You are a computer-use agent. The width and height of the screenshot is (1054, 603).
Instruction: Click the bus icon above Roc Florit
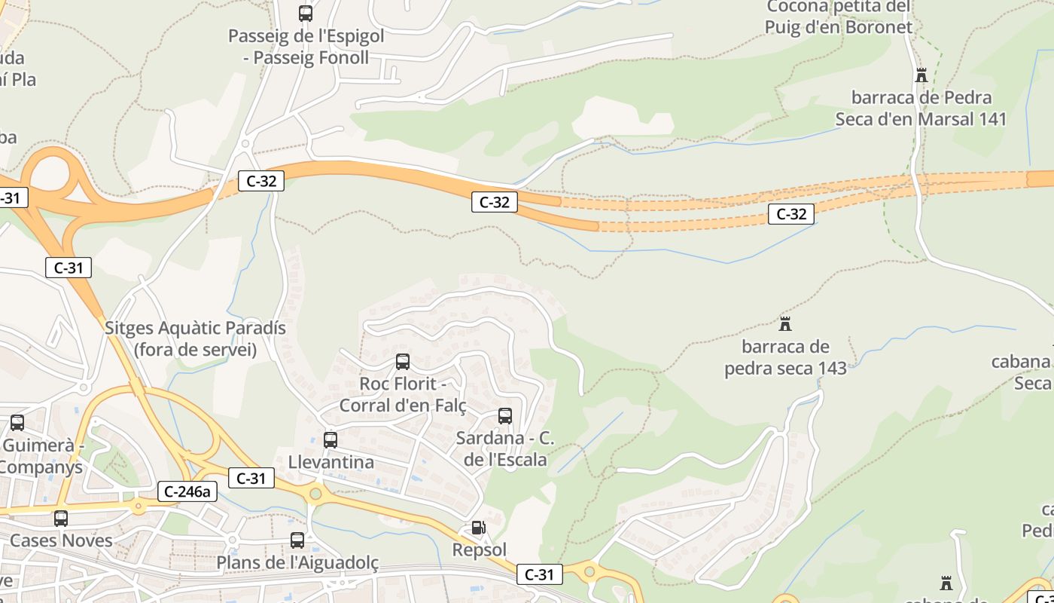click(x=403, y=362)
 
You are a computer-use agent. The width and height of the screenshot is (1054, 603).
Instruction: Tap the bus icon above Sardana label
click(x=505, y=416)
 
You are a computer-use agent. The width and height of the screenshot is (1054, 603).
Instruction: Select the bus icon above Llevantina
click(x=331, y=440)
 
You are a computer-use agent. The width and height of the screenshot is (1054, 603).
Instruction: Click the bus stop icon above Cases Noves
click(x=61, y=519)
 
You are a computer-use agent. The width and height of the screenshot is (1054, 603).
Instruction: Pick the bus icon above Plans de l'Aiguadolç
click(x=297, y=540)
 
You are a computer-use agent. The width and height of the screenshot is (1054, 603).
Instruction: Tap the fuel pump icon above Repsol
click(x=478, y=528)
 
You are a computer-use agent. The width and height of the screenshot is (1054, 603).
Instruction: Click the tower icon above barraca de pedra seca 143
click(x=785, y=324)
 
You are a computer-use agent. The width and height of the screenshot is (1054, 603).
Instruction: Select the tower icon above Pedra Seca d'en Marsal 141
click(x=921, y=75)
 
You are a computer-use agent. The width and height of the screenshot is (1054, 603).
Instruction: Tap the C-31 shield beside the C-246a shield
click(x=251, y=478)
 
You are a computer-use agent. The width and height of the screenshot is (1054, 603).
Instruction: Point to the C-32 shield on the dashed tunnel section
click(x=791, y=214)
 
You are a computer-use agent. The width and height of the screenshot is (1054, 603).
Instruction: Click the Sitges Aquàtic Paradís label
click(x=196, y=338)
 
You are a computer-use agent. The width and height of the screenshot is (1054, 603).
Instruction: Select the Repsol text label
click(x=480, y=549)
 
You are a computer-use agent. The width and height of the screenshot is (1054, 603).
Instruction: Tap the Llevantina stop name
click(x=331, y=461)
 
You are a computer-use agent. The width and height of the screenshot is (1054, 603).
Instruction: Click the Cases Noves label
click(x=62, y=540)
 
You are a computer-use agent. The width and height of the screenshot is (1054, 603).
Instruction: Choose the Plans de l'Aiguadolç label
click(x=297, y=562)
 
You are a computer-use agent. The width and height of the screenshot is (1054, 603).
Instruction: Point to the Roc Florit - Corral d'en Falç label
click(x=403, y=394)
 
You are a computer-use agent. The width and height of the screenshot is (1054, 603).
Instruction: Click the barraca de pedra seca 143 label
click(x=785, y=357)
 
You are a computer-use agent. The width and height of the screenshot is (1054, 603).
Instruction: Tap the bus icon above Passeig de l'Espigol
click(x=305, y=14)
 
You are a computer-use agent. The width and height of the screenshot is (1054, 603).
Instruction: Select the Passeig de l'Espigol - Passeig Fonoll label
click(x=306, y=47)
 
